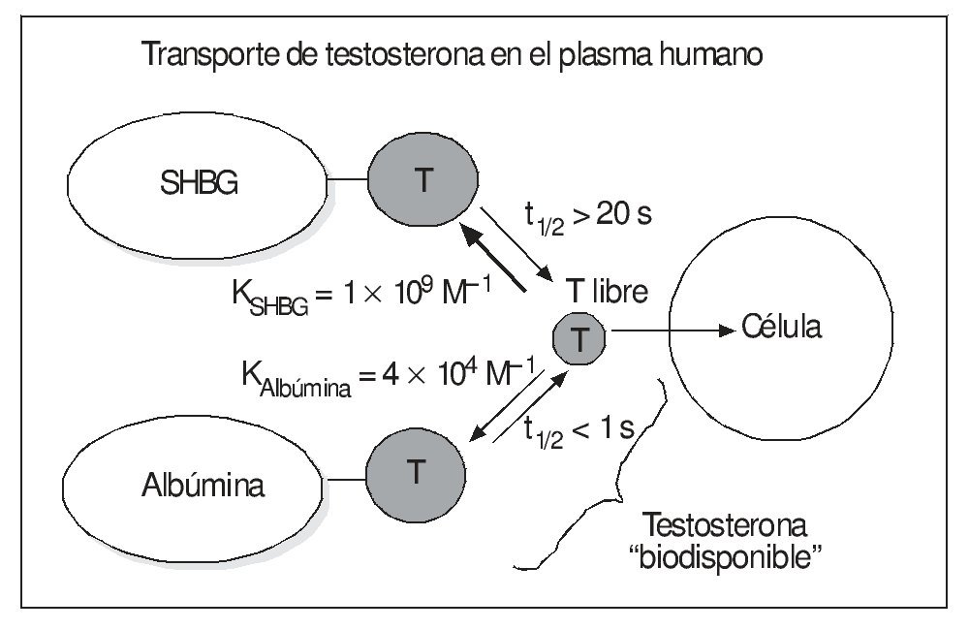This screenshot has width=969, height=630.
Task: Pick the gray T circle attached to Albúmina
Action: tap(414, 472)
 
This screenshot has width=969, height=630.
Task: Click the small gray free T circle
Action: tap(578, 337)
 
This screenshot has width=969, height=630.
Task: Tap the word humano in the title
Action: tap(706, 55)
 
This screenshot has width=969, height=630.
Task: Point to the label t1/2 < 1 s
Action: tap(578, 430)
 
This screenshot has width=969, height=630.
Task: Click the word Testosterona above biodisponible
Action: tap(725, 528)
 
